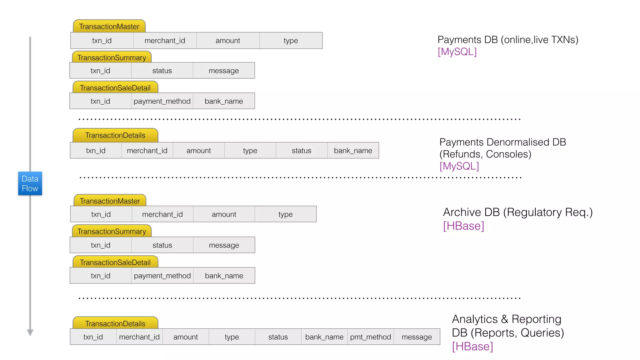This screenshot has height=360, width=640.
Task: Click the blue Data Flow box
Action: [30, 183]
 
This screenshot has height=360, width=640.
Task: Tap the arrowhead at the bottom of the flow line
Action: [30, 332]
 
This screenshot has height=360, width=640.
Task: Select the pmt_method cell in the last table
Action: [370, 337]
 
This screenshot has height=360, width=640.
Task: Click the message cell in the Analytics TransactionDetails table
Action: [417, 337]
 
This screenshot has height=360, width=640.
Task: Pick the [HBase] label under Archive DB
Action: [463, 226]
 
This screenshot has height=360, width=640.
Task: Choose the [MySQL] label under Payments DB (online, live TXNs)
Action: [457, 52]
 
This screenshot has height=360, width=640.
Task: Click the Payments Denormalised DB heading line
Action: [502, 142]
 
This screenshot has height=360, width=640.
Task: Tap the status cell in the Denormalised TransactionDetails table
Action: [301, 151]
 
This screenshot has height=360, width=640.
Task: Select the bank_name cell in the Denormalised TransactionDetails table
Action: [353, 151]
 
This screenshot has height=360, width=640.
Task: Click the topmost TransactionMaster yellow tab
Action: [109, 27]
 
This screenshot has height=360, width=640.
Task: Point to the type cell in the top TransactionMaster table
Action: [291, 41]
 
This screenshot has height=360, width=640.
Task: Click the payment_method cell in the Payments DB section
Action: [162, 101]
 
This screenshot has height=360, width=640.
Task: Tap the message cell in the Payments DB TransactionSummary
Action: [224, 71]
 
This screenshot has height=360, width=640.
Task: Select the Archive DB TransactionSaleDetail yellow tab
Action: [115, 262]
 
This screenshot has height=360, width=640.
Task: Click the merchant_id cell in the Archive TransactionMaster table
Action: [162, 214]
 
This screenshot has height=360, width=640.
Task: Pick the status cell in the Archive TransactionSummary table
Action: [162, 245]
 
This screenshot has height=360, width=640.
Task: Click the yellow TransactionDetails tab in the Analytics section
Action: [115, 324]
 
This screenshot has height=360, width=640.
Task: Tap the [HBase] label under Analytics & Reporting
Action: [472, 347]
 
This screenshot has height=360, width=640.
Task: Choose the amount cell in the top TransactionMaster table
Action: [228, 41]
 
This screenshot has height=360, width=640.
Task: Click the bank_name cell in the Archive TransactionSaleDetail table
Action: [224, 276]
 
